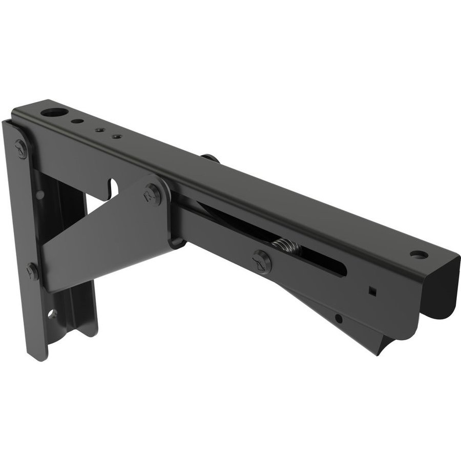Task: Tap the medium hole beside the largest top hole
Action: pyautogui.click(x=76, y=122)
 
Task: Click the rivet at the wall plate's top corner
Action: pyautogui.click(x=21, y=149)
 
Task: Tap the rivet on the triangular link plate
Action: pyautogui.click(x=152, y=194)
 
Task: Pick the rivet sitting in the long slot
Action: pyautogui.click(x=261, y=262)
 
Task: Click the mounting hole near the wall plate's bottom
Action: pyautogui.click(x=52, y=313)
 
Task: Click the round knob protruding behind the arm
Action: pyautogui.click(x=210, y=158)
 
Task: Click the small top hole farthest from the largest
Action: pyautogui.click(x=117, y=137)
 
